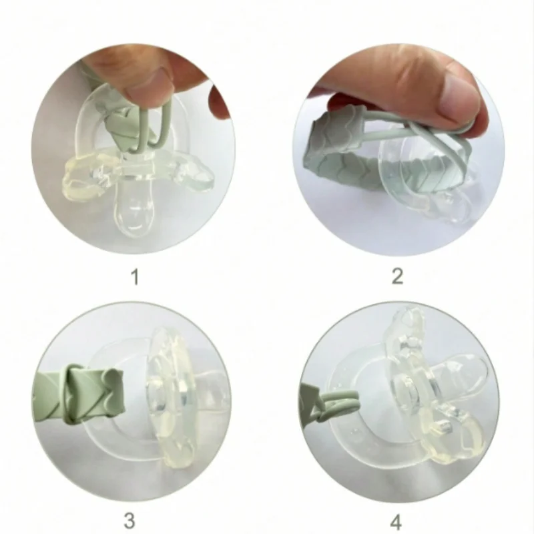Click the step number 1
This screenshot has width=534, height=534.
coord(136,278)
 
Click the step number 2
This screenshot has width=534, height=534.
coord(398,276)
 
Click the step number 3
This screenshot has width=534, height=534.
coord(129,521)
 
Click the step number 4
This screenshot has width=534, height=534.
coord(396,522)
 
